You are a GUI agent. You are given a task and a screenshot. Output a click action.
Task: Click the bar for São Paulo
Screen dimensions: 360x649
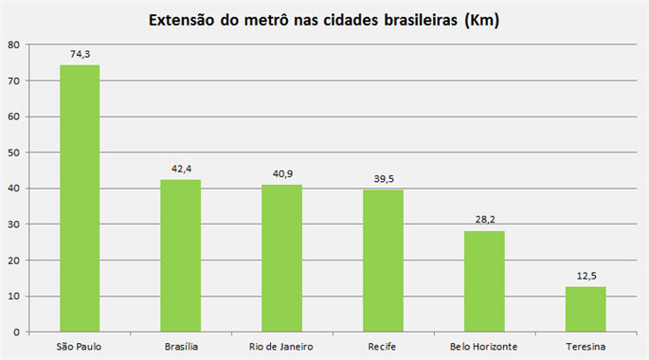[x=80, y=199]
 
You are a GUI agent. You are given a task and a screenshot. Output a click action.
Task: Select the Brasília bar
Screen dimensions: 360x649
[x=180, y=256]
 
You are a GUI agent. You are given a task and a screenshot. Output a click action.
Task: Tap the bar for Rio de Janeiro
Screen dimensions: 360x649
[x=281, y=259]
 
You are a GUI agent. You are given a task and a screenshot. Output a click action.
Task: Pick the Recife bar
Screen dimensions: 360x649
[x=383, y=261]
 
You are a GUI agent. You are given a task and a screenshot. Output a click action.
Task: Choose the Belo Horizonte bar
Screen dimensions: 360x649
[x=484, y=281]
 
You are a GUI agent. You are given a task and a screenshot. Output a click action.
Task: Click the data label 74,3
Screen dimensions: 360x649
[x=80, y=55]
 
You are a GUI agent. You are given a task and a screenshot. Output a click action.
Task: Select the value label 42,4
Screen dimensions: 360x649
[x=180, y=170]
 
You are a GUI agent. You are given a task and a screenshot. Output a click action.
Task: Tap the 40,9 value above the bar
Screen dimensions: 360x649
[x=281, y=174]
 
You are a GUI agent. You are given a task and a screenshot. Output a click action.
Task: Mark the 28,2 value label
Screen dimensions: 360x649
[x=484, y=220]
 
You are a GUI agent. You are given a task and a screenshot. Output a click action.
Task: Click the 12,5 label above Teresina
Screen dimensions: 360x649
[x=586, y=277]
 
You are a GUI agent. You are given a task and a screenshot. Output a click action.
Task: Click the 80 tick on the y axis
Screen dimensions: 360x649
[x=12, y=45]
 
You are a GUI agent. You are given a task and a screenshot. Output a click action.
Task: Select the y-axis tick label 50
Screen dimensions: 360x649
[x=12, y=153]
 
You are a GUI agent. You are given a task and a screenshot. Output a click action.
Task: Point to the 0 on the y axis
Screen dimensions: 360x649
[x=15, y=333]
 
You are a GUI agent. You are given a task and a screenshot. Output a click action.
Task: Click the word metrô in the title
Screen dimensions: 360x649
[x=263, y=20]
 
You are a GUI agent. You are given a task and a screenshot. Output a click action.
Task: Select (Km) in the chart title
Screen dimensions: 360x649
[x=480, y=20]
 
